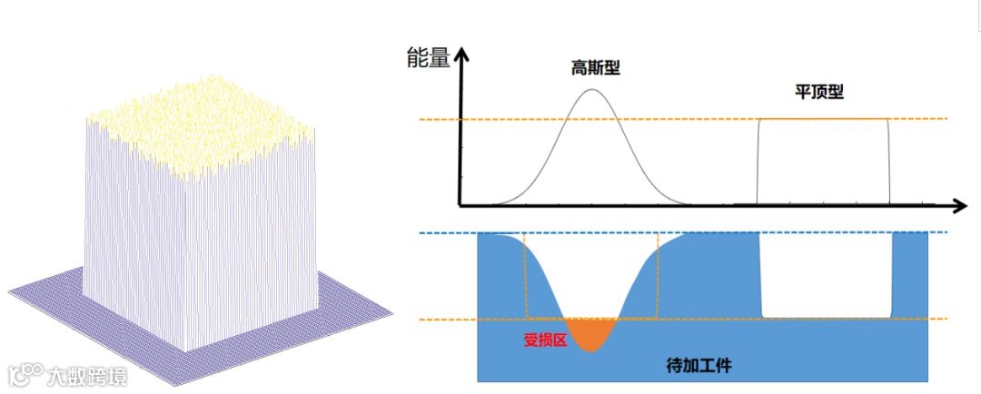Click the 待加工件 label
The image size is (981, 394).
[x=699, y=366]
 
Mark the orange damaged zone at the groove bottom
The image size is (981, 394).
[x=591, y=333]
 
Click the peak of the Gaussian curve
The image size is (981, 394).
[x=592, y=89]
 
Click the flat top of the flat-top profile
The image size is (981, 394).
[x=823, y=119]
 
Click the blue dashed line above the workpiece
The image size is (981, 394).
[x=708, y=233]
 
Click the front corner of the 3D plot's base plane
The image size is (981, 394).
[x=194, y=382]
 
